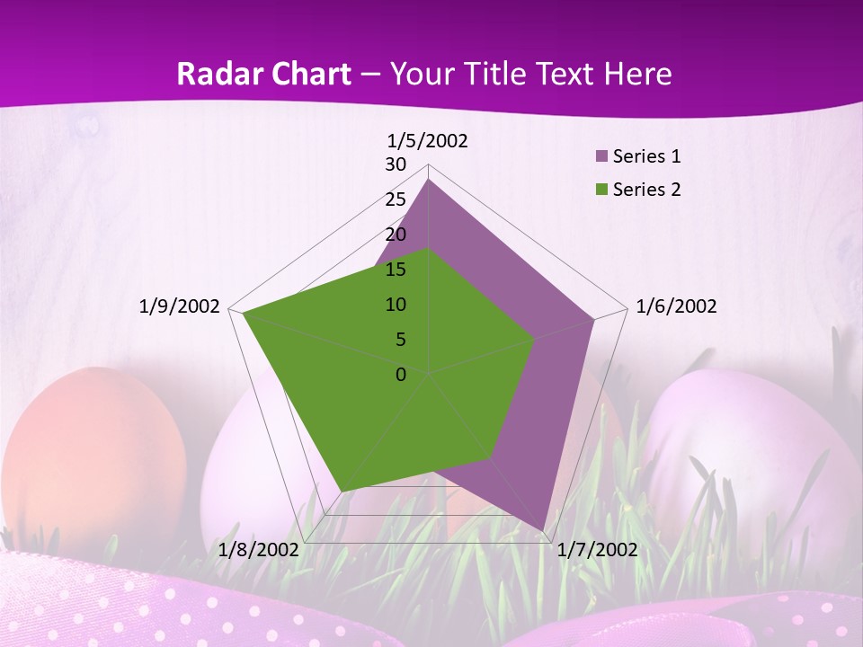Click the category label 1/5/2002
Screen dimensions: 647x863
(428, 140)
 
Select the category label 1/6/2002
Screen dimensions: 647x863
(676, 306)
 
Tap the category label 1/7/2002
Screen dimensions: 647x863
(598, 550)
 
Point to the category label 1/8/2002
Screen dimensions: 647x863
(259, 550)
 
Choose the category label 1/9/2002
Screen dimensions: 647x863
(180, 306)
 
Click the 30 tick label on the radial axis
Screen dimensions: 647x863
(396, 164)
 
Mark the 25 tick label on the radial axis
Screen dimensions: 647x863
(396, 199)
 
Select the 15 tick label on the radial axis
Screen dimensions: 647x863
(396, 270)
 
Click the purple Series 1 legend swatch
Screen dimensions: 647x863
(602, 157)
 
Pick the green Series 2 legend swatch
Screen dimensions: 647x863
(602, 190)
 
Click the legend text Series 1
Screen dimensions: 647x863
(646, 156)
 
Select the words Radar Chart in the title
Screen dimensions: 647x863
(263, 74)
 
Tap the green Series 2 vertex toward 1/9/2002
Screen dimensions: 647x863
(243, 313)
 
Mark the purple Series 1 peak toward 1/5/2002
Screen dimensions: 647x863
(429, 180)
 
